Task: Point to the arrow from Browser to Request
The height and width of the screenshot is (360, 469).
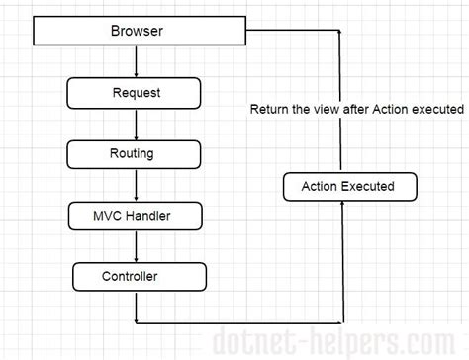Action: [x=137, y=61]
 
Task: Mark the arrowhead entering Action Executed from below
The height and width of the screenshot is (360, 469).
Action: [x=340, y=204]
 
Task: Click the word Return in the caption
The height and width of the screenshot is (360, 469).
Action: [x=270, y=109]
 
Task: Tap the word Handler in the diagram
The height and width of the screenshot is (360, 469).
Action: [x=151, y=214]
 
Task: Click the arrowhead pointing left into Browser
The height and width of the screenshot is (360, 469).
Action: [x=247, y=31]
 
